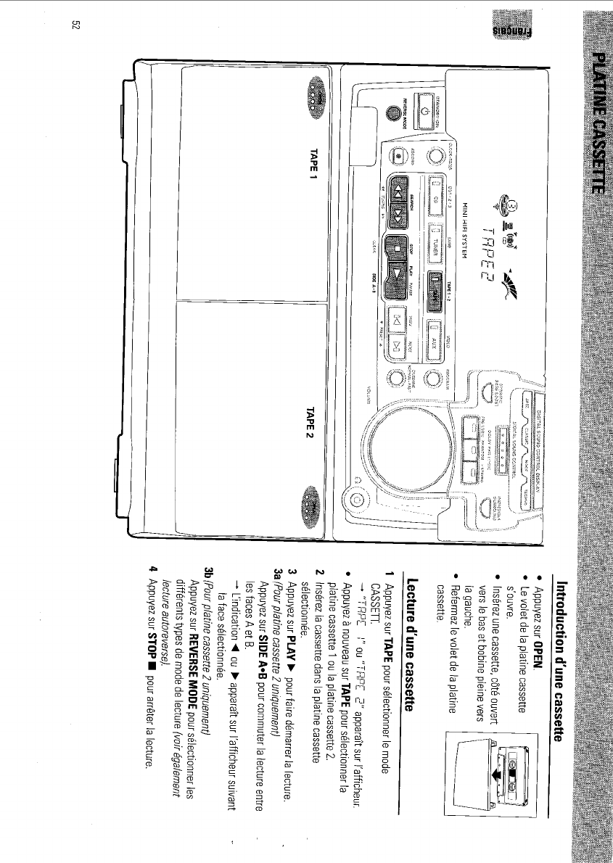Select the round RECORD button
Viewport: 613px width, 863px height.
398,154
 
